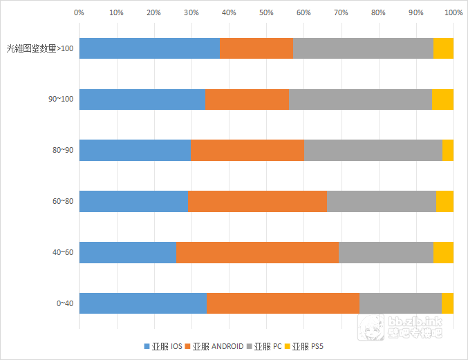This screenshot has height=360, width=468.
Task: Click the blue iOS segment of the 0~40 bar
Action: [143, 303]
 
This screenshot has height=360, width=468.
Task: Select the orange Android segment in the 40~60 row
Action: [257, 252]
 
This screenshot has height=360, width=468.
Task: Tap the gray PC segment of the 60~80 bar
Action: [382, 201]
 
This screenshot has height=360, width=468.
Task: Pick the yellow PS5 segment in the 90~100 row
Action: [442, 100]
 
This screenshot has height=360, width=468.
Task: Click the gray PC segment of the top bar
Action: [363, 48]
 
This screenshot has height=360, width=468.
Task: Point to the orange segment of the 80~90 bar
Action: [247, 150]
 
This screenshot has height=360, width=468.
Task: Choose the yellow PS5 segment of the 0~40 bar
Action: [447, 303]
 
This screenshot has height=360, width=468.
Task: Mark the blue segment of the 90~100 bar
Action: [142, 100]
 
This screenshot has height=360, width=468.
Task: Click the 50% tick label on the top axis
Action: [265, 12]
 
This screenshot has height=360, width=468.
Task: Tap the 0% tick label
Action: [79, 12]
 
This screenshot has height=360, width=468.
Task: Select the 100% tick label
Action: [453, 12]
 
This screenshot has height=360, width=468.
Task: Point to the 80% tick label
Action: [378, 12]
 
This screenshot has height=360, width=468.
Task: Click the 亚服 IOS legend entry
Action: [163, 345]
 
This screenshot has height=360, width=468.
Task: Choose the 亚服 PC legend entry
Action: [269, 345]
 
